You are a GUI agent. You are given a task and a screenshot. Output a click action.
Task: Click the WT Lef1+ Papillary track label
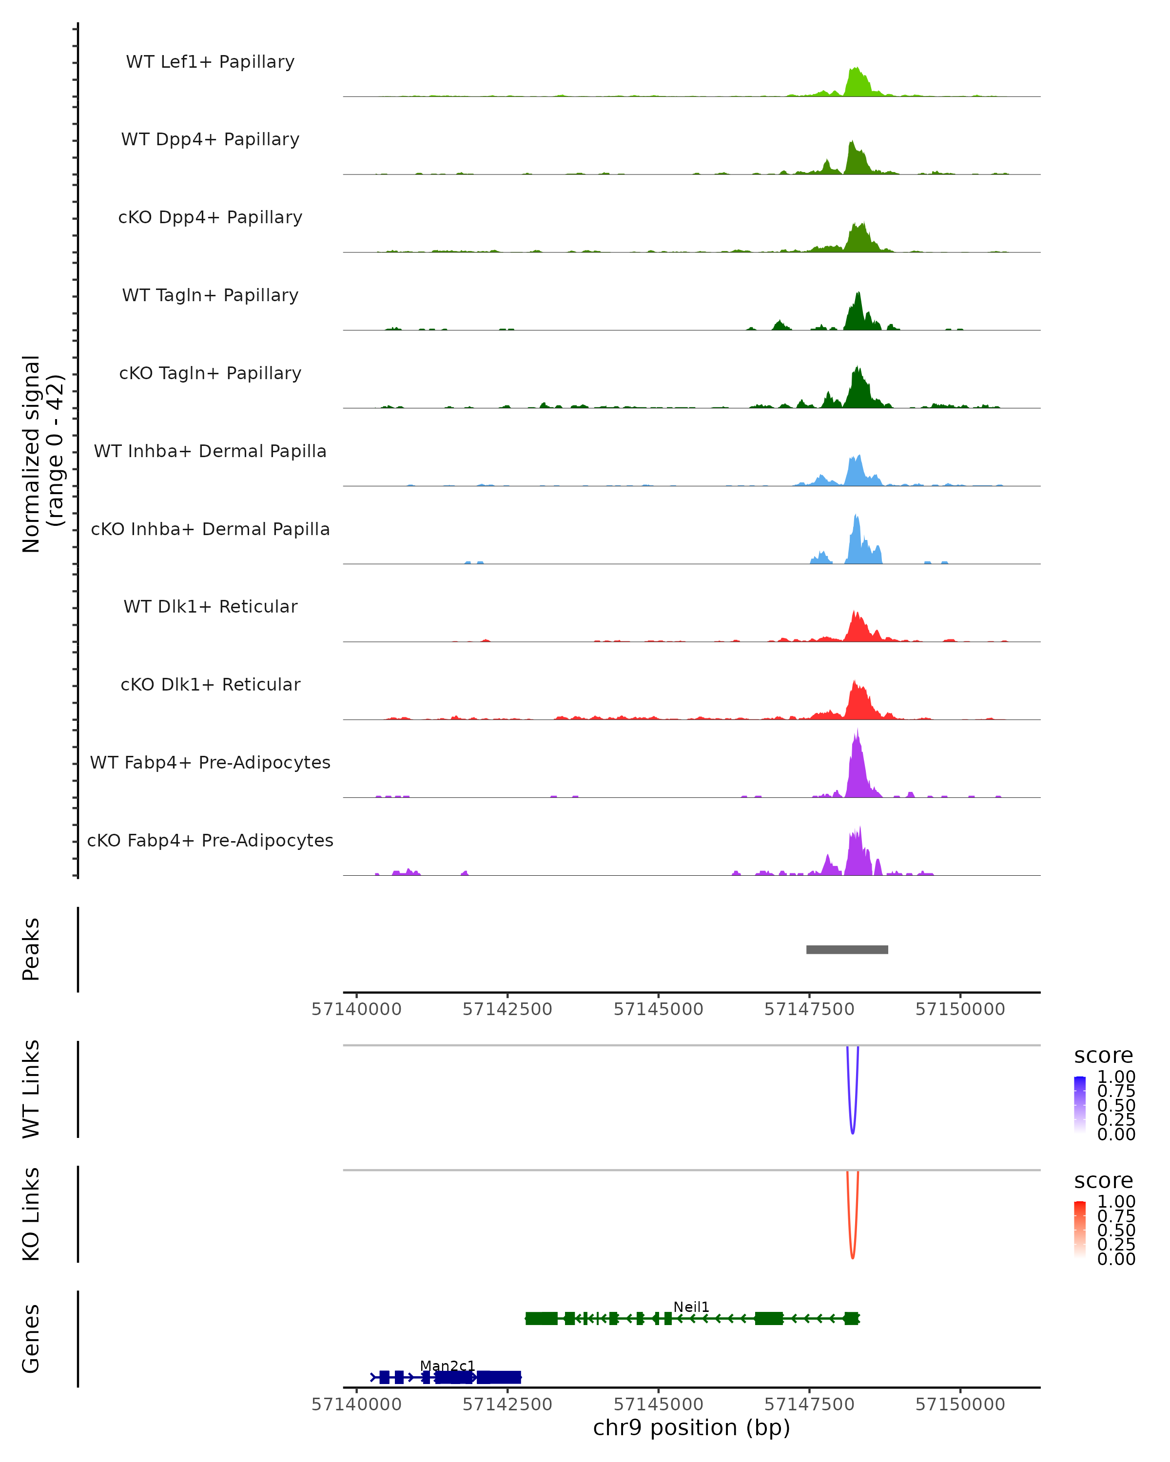tap(210, 62)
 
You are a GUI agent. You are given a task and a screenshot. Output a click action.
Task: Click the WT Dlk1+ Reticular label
tap(210, 606)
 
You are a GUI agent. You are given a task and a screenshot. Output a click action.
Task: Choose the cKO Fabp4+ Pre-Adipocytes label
tap(210, 840)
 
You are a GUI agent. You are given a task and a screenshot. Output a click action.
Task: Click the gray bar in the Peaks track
tap(847, 949)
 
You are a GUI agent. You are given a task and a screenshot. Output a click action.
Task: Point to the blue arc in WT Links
tap(853, 1126)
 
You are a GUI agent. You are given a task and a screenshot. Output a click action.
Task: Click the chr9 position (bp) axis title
tap(691, 1427)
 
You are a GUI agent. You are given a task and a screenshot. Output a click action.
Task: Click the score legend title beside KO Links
tap(1104, 1181)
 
